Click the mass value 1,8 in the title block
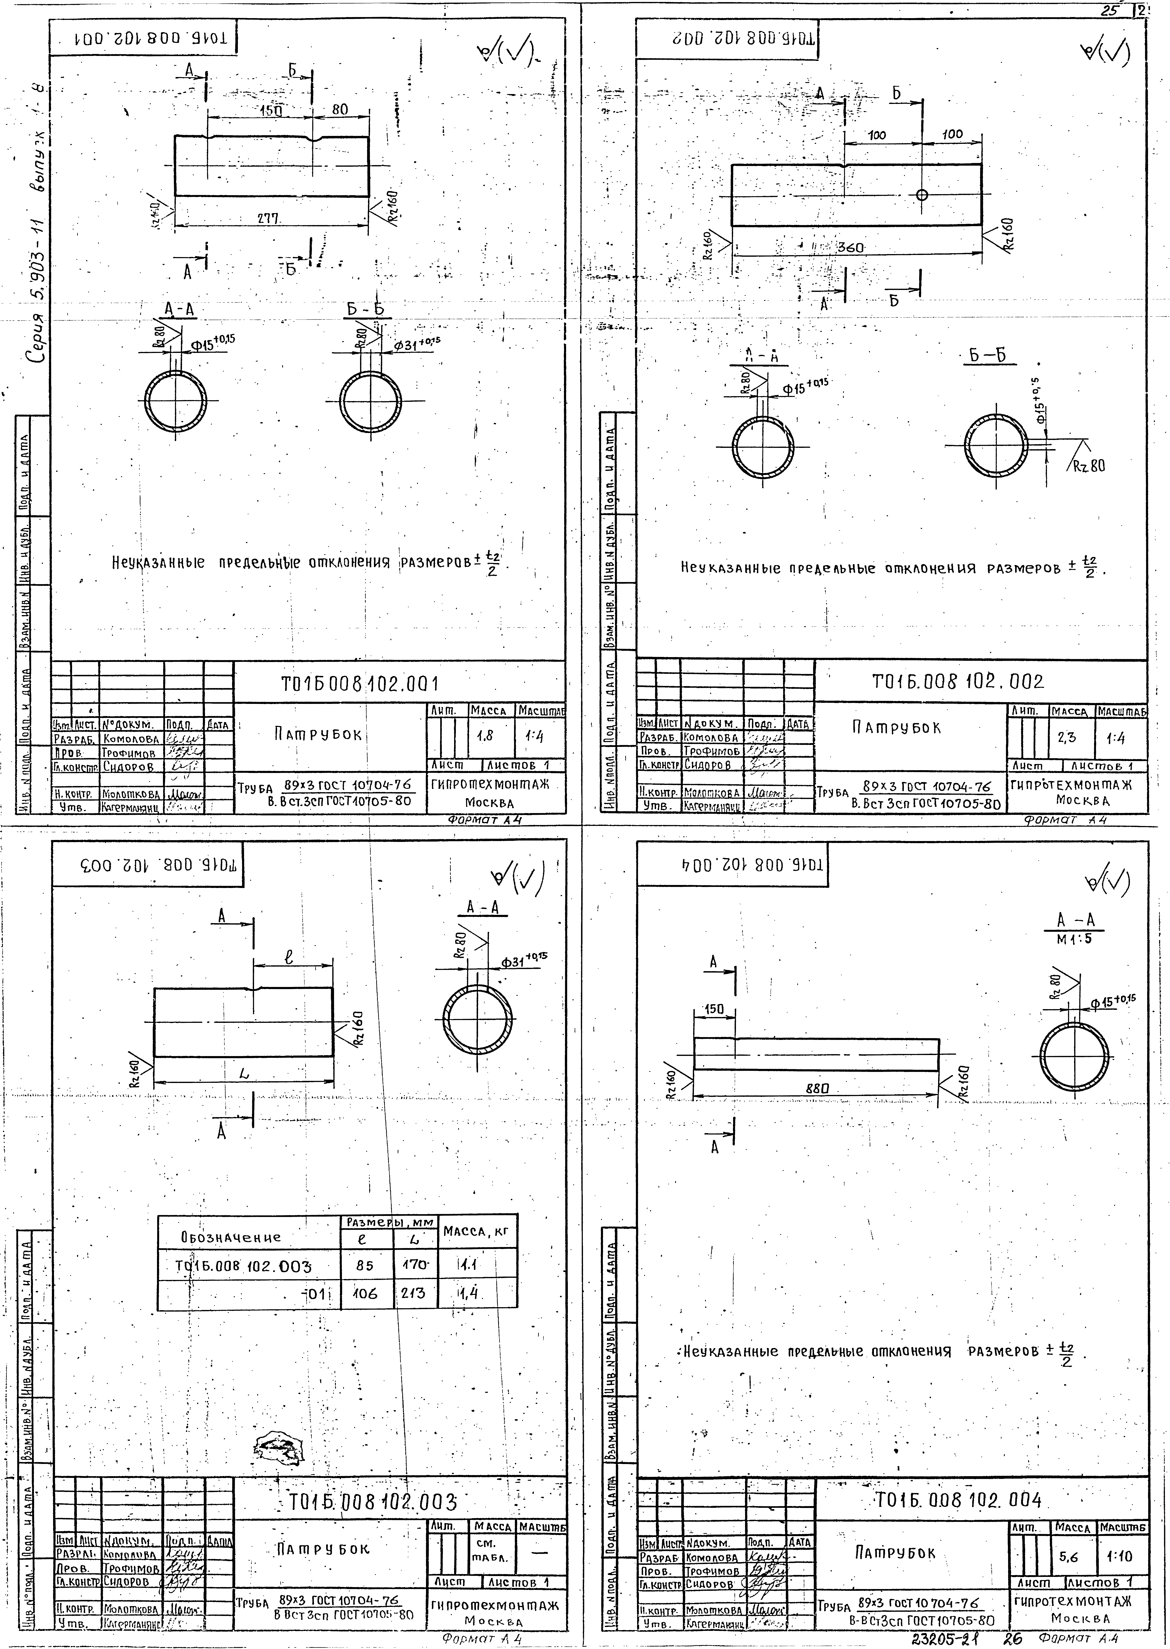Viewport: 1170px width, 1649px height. (x=484, y=736)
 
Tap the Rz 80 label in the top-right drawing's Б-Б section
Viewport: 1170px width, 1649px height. (x=1088, y=466)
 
